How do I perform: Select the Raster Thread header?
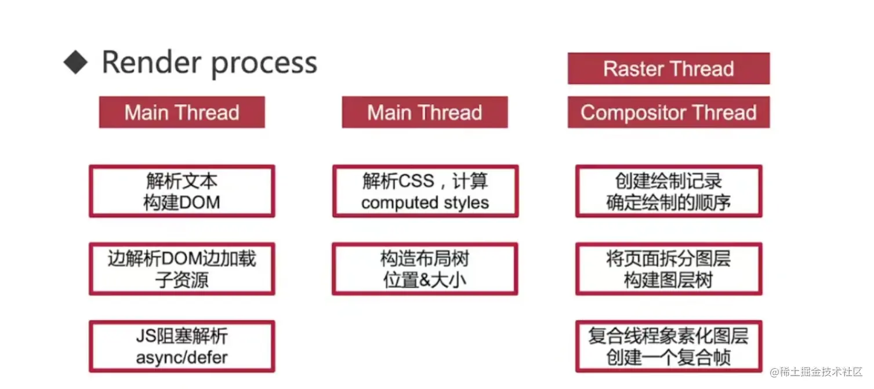click(668, 69)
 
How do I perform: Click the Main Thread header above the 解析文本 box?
click(182, 112)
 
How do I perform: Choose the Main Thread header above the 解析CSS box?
click(425, 112)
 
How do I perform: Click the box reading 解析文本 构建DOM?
click(182, 191)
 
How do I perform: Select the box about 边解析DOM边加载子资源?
click(182, 269)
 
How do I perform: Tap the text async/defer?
click(182, 358)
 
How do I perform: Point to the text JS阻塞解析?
click(182, 336)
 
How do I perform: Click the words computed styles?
click(425, 203)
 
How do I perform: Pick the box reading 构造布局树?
click(425, 269)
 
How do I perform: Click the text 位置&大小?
click(425, 280)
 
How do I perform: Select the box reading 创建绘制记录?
click(668, 191)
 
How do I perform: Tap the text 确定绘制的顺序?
click(668, 203)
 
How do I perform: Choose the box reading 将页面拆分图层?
click(668, 269)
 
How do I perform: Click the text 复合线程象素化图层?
click(668, 336)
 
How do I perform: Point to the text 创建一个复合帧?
click(668, 358)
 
